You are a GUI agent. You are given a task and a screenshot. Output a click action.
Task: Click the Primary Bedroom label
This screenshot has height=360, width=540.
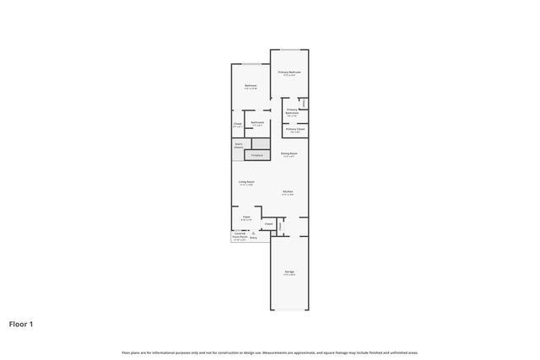pyautogui.click(x=289, y=73)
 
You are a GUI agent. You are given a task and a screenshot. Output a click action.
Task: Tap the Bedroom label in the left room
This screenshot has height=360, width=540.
pyautogui.click(x=251, y=86)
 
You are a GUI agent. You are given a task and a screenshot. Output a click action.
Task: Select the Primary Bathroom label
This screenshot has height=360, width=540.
pyautogui.click(x=292, y=112)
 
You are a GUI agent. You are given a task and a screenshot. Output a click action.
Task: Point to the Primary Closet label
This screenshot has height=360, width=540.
pyautogui.click(x=295, y=130)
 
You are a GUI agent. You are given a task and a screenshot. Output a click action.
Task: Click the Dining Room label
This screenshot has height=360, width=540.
pyautogui.click(x=289, y=153)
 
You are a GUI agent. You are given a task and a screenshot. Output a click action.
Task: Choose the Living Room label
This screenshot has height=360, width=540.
pyautogui.click(x=247, y=182)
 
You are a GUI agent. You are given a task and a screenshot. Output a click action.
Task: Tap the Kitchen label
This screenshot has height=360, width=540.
pyautogui.click(x=288, y=192)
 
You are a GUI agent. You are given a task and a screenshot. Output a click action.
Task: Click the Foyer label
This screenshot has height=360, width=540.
pyautogui.click(x=246, y=217)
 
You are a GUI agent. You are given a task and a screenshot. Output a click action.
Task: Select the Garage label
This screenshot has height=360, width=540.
pyautogui.click(x=289, y=271)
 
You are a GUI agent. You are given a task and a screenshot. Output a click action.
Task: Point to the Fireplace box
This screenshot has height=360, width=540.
pyautogui.click(x=257, y=155)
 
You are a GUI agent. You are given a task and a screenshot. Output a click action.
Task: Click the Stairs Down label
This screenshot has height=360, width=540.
pyautogui.click(x=239, y=146)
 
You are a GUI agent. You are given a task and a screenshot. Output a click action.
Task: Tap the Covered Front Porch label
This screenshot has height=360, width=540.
pyautogui.click(x=240, y=235)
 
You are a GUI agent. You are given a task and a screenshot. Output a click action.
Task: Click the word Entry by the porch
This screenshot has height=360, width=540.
pyautogui.click(x=253, y=239)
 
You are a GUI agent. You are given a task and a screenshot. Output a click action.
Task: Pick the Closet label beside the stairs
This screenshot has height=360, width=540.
pyautogui.click(x=237, y=126)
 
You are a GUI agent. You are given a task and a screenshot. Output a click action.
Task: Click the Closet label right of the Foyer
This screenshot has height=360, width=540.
pyautogui.click(x=268, y=223)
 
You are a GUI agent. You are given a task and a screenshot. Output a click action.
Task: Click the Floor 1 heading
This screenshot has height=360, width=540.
pyautogui.click(x=21, y=323)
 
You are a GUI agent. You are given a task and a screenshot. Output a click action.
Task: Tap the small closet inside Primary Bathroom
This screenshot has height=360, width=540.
pyautogui.click(x=304, y=105)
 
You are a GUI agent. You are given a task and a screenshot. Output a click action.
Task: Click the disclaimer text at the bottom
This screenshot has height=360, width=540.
pyautogui.click(x=270, y=352)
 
